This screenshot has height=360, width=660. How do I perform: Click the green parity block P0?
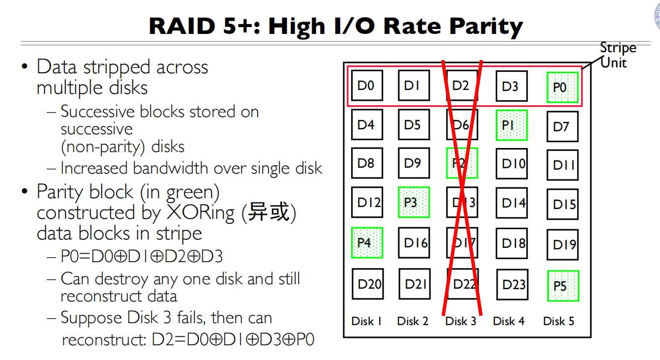click(x=562, y=87)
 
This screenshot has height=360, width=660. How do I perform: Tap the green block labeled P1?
click(x=511, y=125)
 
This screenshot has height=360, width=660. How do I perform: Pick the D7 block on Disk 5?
click(x=563, y=126)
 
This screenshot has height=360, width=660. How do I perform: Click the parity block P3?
click(x=414, y=202)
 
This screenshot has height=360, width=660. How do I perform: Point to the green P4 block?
click(x=367, y=242)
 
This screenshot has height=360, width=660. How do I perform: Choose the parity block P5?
click(x=563, y=285)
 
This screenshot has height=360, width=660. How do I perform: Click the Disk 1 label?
click(x=366, y=321)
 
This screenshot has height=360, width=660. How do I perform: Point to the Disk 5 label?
click(x=558, y=321)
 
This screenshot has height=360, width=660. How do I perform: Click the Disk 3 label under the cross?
click(x=461, y=321)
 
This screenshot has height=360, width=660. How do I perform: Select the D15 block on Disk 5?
click(x=563, y=204)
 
